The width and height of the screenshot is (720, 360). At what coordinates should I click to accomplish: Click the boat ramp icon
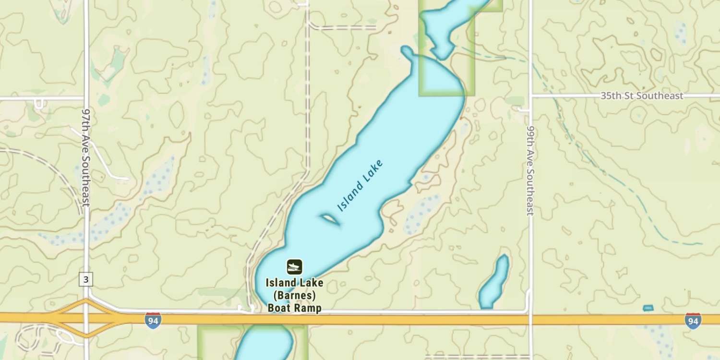click(294, 266)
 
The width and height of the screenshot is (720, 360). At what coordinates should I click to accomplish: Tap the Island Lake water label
click(360, 186)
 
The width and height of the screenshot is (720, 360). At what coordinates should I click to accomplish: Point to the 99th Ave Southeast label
click(530, 171)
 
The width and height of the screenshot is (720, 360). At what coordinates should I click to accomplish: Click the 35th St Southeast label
click(642, 96)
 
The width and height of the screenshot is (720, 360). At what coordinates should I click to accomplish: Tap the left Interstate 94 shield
click(153, 320)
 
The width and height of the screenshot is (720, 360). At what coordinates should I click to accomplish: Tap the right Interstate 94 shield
click(693, 320)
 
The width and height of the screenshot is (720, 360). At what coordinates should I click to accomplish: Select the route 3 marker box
click(85, 279)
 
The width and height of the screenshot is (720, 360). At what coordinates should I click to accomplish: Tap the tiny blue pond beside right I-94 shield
click(648, 308)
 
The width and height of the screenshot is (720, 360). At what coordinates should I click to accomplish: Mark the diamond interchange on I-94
click(86, 318)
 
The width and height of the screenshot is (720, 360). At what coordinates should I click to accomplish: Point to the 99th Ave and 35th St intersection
click(530, 96)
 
